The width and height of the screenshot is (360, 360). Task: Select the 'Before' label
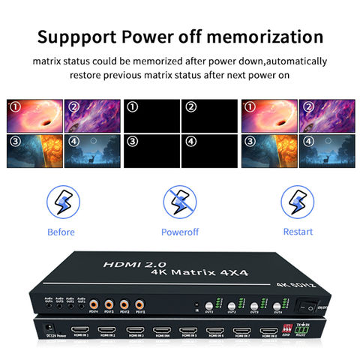(x=61, y=232)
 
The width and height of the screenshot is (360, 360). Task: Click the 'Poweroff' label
(x=181, y=232)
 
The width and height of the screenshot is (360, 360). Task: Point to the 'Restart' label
(x=298, y=232)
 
